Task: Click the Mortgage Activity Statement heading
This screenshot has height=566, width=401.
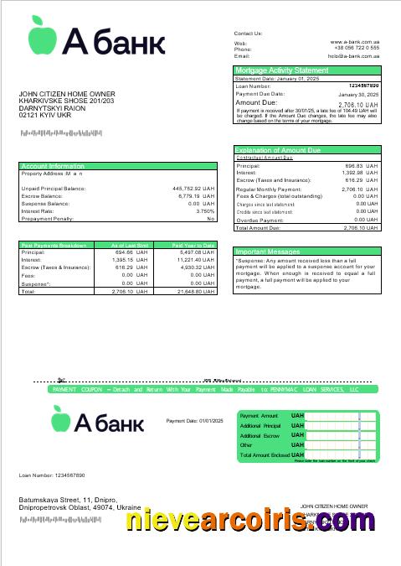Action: click(282, 70)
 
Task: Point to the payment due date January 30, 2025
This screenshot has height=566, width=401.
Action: click(361, 94)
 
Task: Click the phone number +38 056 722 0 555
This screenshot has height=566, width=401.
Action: click(357, 49)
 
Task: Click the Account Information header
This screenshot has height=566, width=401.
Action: click(53, 166)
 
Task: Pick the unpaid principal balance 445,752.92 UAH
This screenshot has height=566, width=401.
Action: click(193, 189)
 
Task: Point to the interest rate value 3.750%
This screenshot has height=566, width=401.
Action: click(205, 211)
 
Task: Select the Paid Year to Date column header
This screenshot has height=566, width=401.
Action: click(193, 245)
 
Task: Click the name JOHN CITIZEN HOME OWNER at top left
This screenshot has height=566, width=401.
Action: click(67, 94)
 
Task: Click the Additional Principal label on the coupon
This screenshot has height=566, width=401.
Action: click(260, 426)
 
